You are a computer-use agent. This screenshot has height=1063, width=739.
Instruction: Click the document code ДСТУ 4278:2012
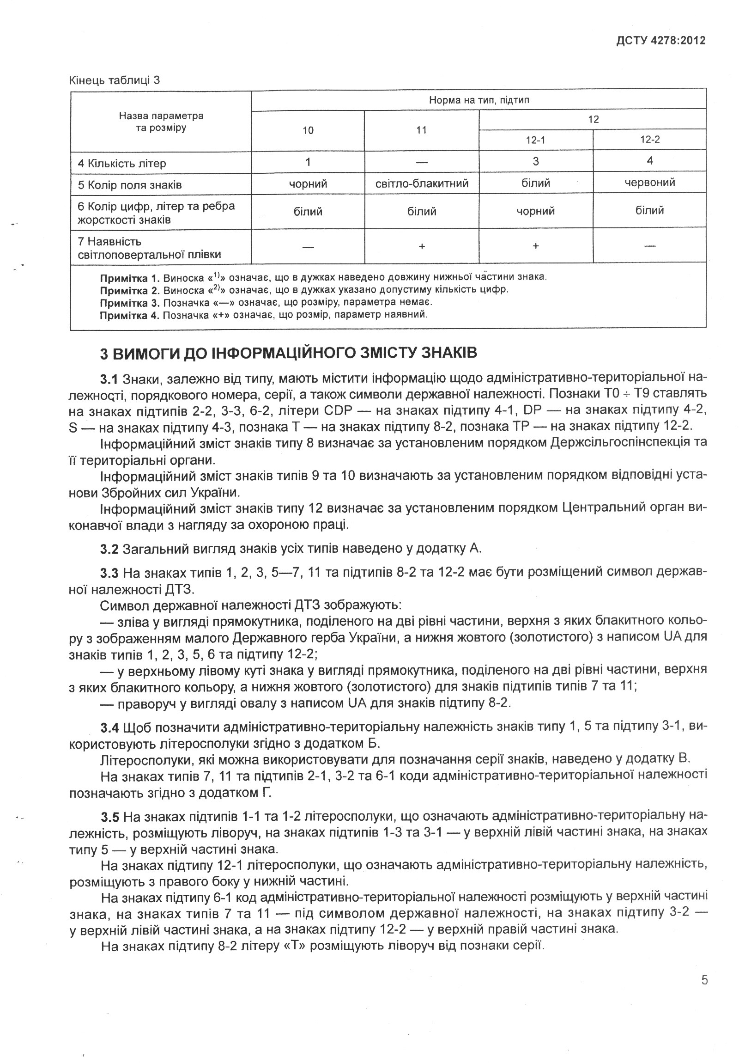coord(660,40)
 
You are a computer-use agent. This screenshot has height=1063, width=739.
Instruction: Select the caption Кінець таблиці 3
coord(114,80)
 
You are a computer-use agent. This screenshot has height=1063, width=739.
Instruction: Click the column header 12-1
coord(535,140)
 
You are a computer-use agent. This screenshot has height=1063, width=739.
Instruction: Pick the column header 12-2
coord(649,140)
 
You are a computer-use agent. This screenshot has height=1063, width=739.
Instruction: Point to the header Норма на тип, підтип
coord(479,100)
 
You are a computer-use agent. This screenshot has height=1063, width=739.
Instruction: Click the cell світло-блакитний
coord(422,184)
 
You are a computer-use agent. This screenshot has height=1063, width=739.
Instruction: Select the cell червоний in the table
coord(649,183)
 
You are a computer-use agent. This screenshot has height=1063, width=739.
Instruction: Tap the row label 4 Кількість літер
coord(121,164)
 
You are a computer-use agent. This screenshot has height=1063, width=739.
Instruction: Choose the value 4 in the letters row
coord(650,161)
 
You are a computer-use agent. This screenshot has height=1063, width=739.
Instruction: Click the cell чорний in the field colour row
coord(308,184)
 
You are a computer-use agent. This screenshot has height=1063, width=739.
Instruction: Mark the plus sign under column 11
coord(422,246)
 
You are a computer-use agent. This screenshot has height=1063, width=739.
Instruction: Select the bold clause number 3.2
coord(109,549)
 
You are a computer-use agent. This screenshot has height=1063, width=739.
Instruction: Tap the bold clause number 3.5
coord(109,815)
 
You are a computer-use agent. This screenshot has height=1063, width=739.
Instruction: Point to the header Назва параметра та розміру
coord(161,122)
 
